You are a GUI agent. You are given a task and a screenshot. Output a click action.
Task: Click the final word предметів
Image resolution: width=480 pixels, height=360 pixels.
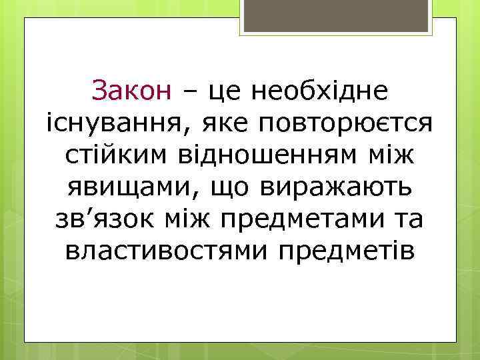[349, 252]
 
